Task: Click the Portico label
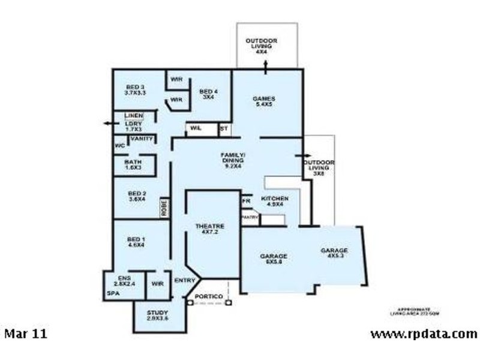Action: pyautogui.click(x=209, y=297)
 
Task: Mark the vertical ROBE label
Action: pyautogui.click(x=163, y=208)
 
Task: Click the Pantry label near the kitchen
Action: pyautogui.click(x=250, y=217)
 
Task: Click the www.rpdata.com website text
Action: pyautogui.click(x=424, y=334)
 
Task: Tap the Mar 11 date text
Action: pyautogui.click(x=26, y=333)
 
